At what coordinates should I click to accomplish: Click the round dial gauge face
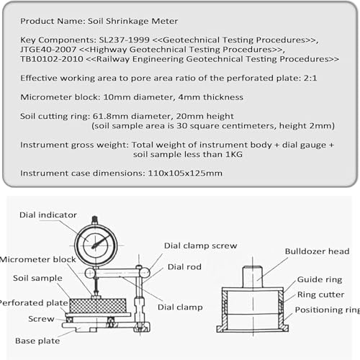pyautogui.click(x=95, y=242)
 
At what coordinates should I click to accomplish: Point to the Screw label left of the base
pyautogui.click(x=41, y=318)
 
